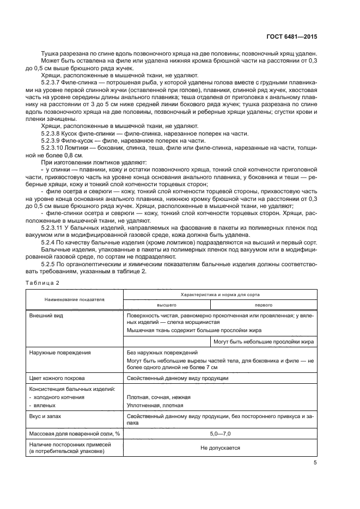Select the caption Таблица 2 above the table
pyautogui.click(x=42, y=282)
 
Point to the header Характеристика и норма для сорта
pyautogui.click(x=221, y=293)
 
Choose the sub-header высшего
pyautogui.click(x=167, y=305)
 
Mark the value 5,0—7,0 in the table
pyautogui.click(x=221, y=433)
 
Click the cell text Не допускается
pyautogui.click(x=221, y=448)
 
